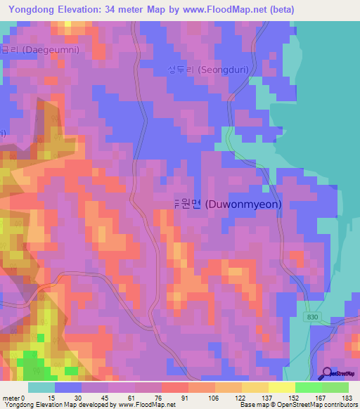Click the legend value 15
tap(51, 397)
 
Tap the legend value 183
tap(347, 397)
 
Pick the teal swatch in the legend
tap(41, 387)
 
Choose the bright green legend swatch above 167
tap(309, 387)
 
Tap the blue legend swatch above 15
tap(67, 387)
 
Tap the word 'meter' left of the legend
tap(11, 397)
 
